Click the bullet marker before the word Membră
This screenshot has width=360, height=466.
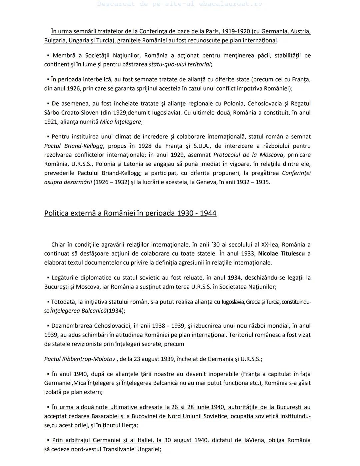coord(48,55)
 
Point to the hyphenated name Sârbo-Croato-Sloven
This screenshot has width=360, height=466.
coord(71,113)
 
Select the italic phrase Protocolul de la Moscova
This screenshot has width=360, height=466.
coord(248,155)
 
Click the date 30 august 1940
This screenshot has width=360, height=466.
coord(185,440)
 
